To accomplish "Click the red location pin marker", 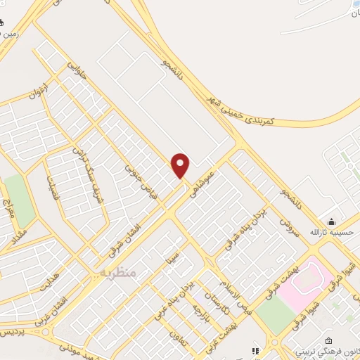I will tap(181, 166).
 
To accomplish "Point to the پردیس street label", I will tap(11, 330).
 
